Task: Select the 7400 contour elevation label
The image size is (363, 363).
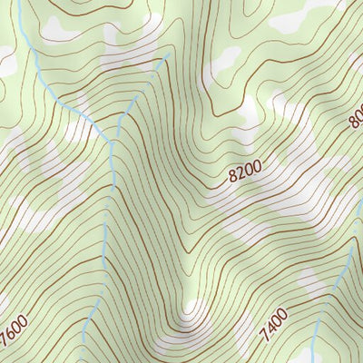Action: pyautogui.click(x=273, y=326)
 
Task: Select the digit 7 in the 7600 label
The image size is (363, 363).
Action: pyautogui.click(x=5, y=343)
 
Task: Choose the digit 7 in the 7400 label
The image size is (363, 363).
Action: pyautogui.click(x=263, y=337)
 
